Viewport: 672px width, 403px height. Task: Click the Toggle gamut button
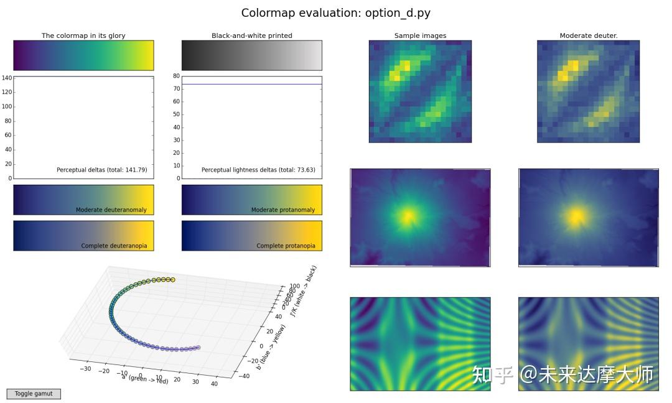click(x=33, y=394)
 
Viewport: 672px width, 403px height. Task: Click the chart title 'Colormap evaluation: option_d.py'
click(x=335, y=13)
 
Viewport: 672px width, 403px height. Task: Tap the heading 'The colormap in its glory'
click(x=83, y=35)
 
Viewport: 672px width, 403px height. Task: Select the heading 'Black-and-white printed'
click(x=251, y=35)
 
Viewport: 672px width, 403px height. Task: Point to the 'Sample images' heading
click(x=420, y=35)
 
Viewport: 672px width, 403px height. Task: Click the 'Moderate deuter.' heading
click(x=588, y=35)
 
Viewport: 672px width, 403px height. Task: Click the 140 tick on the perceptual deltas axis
click(x=7, y=78)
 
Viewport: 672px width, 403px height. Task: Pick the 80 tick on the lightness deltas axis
click(x=176, y=76)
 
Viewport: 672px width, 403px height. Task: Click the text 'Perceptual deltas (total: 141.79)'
click(x=101, y=170)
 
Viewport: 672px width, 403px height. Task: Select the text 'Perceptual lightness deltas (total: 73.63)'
click(x=258, y=170)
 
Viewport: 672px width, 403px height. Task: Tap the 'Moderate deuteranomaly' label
click(x=111, y=210)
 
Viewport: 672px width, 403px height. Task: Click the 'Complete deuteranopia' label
click(x=114, y=246)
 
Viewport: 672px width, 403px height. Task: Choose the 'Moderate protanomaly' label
click(x=282, y=210)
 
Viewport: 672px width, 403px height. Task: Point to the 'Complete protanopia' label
click(x=286, y=246)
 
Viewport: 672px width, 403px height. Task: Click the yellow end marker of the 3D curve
click(x=172, y=280)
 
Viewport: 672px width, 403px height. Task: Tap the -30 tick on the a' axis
click(x=86, y=368)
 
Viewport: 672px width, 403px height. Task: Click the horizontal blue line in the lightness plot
click(x=251, y=84)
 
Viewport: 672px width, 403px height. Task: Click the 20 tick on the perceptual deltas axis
click(x=7, y=164)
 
